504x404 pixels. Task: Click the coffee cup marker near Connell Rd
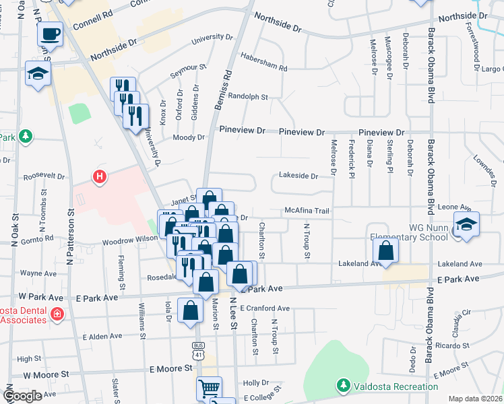click(x=51, y=33)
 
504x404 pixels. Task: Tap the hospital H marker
click(x=100, y=177)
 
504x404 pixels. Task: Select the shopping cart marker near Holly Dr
click(x=209, y=388)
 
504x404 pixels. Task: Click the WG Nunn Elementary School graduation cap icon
click(x=465, y=225)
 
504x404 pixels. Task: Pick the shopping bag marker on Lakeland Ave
click(x=385, y=250)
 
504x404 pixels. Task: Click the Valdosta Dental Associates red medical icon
click(x=57, y=314)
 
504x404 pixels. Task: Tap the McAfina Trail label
click(x=307, y=211)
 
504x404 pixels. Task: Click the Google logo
click(x=23, y=396)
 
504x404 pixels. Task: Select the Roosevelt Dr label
click(x=44, y=176)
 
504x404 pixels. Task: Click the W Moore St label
click(x=46, y=374)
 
